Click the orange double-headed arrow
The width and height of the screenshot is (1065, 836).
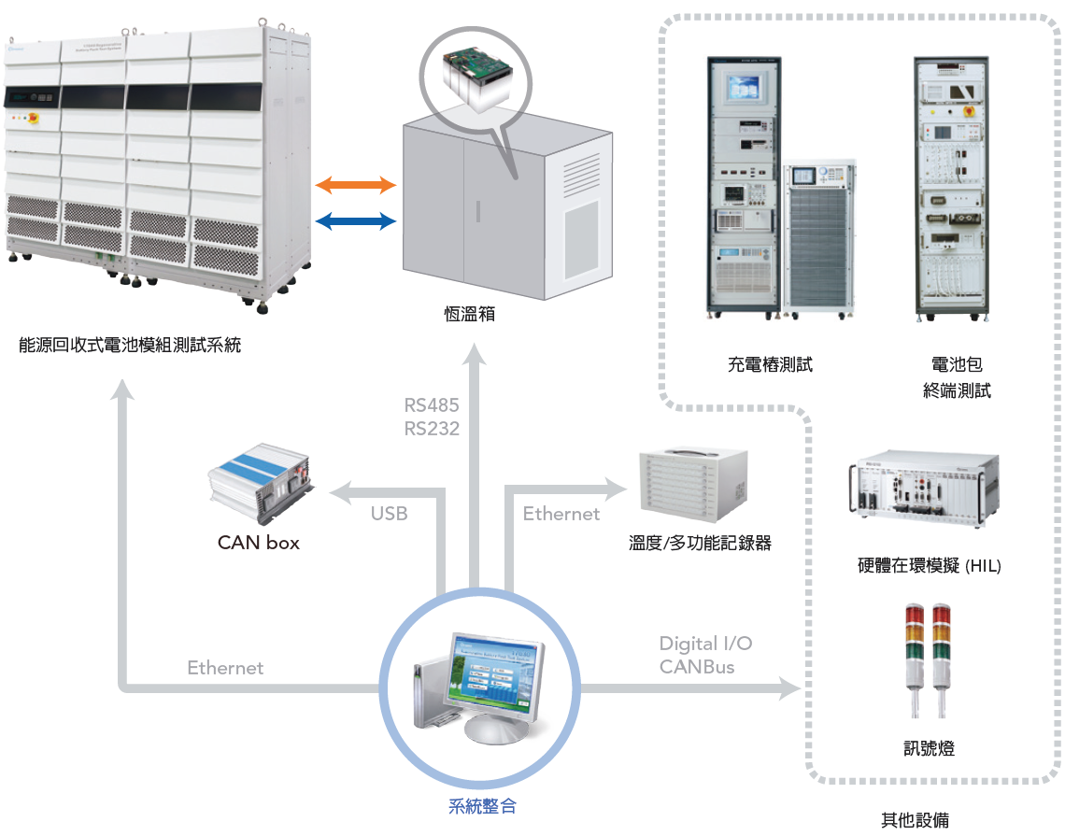coord(356,184)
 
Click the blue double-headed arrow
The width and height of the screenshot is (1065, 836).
coord(356,220)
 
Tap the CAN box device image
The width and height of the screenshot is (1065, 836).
coord(261,484)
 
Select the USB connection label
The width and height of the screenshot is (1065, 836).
coord(390,514)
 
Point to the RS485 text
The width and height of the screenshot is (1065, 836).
coord(432,404)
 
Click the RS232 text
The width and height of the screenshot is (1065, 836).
coord(432,429)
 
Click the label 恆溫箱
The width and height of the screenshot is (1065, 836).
coord(469,314)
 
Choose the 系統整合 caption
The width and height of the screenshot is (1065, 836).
coord(482,806)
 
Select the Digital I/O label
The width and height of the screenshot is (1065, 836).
coord(705,644)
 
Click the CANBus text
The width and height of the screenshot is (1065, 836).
coord(697,667)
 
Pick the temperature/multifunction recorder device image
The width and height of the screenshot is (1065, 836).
coord(693,485)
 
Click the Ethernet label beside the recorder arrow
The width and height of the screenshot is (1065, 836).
coord(561,514)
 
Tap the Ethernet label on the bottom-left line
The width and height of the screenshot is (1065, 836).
coord(225,668)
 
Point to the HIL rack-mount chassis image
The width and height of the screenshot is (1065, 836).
coord(924,488)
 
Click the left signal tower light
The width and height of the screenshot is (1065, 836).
coord(915,659)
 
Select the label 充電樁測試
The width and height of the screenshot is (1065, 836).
coord(770,364)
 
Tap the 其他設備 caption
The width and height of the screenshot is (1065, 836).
coord(915,820)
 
